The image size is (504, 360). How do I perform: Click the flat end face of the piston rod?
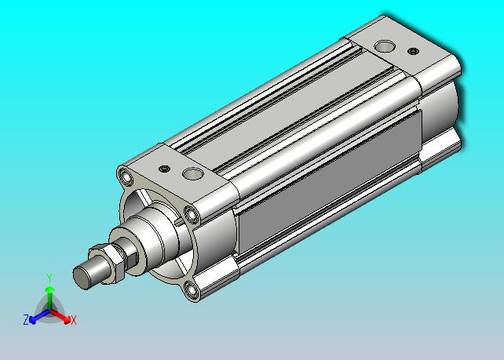81,277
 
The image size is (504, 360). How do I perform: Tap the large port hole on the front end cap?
193,174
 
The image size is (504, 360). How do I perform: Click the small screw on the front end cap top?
165,169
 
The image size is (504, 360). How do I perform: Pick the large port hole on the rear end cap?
385,46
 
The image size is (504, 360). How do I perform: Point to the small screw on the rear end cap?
414,51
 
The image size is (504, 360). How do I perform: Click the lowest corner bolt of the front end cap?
192,290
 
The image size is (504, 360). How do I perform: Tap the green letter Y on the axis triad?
49,278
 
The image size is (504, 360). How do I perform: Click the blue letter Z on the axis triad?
26,319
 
